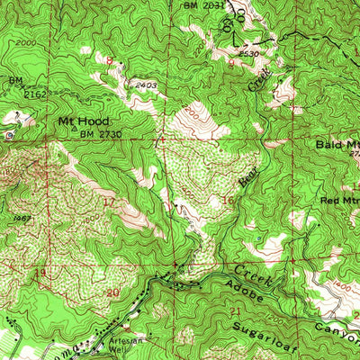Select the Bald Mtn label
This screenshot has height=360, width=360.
(337, 144)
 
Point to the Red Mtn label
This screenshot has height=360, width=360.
(338, 198)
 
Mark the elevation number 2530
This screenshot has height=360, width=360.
(237, 54)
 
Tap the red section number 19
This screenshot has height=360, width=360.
(13, 271)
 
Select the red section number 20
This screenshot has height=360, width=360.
(112, 292)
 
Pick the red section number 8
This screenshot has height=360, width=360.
(111, 59)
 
